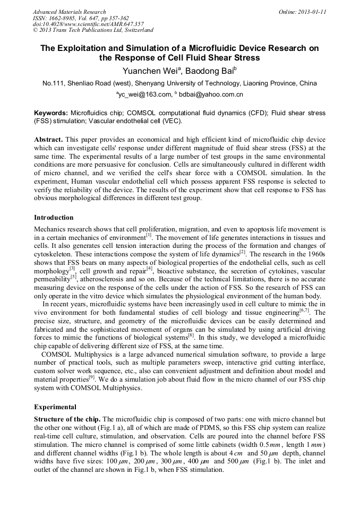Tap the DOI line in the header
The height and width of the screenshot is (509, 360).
[88, 24]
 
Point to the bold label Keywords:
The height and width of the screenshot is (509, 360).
[51, 113]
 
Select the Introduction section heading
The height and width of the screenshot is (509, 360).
[54, 218]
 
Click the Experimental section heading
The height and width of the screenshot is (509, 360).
[55, 407]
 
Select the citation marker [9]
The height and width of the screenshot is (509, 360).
[92, 378]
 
